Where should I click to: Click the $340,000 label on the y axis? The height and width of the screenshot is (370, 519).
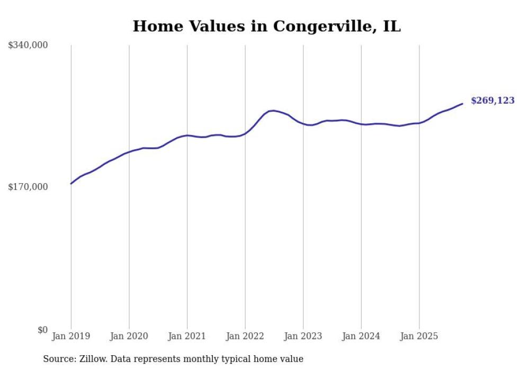pyautogui.click(x=28, y=46)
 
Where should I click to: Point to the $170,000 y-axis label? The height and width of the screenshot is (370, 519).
pyautogui.click(x=28, y=187)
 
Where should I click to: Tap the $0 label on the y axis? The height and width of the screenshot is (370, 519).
pyautogui.click(x=42, y=330)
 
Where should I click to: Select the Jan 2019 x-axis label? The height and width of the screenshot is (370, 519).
pyautogui.click(x=71, y=336)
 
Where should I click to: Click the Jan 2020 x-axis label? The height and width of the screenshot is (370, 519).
pyautogui.click(x=129, y=336)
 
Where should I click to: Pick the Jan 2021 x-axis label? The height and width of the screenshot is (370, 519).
pyautogui.click(x=187, y=336)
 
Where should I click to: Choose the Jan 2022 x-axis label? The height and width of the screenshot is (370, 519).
pyautogui.click(x=245, y=336)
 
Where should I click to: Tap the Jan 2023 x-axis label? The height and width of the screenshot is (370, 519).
pyautogui.click(x=303, y=336)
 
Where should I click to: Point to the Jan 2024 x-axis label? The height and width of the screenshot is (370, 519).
pyautogui.click(x=361, y=336)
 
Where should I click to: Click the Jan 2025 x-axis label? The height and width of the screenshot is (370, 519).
pyautogui.click(x=419, y=336)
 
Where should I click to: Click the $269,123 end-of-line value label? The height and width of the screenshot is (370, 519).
pyautogui.click(x=492, y=101)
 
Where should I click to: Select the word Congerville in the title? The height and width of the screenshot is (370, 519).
pyautogui.click(x=320, y=26)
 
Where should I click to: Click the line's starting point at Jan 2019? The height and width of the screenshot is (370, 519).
pyautogui.click(x=71, y=184)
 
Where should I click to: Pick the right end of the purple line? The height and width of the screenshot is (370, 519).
pyautogui.click(x=462, y=103)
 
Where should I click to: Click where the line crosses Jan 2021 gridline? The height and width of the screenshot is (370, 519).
pyautogui.click(x=187, y=136)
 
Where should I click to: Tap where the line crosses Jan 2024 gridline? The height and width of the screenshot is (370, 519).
pyautogui.click(x=361, y=124)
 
